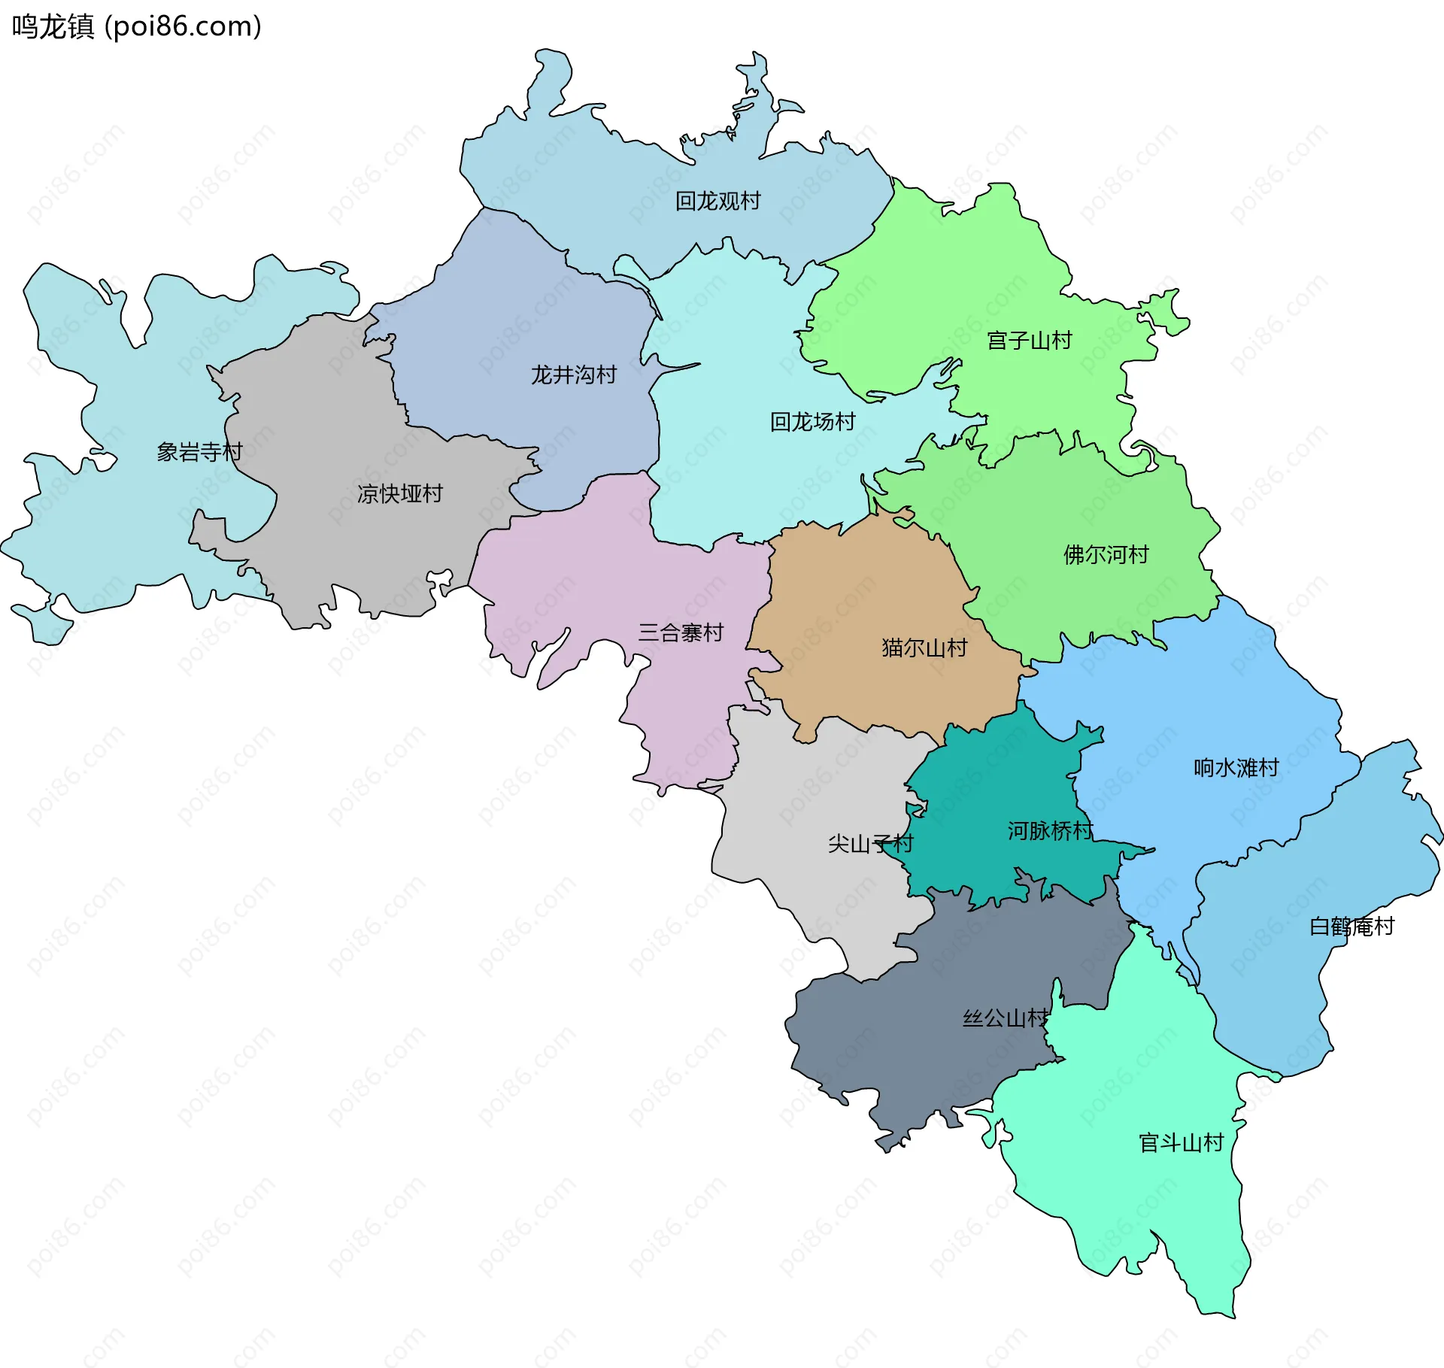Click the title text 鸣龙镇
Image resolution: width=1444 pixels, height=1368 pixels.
coord(53,26)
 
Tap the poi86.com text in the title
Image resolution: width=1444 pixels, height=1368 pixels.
coord(183,26)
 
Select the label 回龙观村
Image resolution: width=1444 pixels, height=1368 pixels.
coord(717,201)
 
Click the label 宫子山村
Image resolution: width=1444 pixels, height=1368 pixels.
coord(1029,341)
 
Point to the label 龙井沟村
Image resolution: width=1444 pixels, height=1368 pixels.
coord(573,375)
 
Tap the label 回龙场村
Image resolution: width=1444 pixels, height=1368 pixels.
coord(812,422)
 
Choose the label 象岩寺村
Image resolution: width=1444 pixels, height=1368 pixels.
coord(199,452)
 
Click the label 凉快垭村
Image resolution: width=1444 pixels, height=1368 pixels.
coord(399,494)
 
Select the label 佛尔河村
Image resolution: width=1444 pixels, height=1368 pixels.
coord(1106,555)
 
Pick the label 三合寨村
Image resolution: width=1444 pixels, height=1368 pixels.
coord(681,632)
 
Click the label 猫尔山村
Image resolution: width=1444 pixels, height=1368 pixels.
coord(924,648)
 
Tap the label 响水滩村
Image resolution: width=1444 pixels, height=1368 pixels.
coord(1236,768)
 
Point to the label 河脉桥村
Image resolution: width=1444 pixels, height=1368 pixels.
coord(1050,831)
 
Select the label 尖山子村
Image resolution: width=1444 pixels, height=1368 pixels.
coord(870,844)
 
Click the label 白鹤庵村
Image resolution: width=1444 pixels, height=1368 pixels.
coord(1351,927)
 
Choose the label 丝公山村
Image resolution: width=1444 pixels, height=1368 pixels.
coord(1006,1018)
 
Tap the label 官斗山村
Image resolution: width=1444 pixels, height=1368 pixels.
coord(1181,1143)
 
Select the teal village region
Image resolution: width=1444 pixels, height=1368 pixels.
coord(993,797)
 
